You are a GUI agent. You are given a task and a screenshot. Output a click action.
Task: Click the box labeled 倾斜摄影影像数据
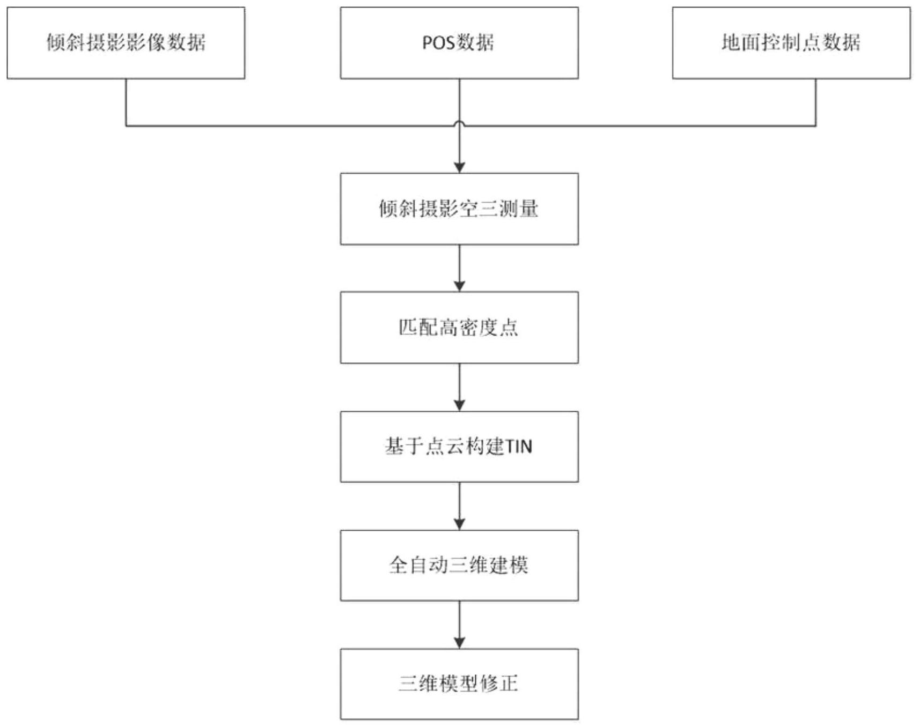(x=126, y=43)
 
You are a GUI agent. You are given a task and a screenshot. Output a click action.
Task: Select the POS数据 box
(x=459, y=43)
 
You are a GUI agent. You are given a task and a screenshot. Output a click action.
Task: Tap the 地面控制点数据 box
(x=791, y=43)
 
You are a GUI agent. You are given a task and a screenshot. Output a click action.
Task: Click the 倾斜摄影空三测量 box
(x=459, y=209)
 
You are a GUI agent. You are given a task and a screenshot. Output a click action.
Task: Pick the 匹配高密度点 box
(x=459, y=327)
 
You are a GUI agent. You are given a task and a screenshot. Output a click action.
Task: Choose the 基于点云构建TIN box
(x=459, y=446)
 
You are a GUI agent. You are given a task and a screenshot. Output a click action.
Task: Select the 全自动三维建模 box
(x=459, y=565)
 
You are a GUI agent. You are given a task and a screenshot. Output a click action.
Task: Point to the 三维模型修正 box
(x=459, y=684)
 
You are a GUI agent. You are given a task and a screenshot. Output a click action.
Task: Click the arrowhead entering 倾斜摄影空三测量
(x=459, y=167)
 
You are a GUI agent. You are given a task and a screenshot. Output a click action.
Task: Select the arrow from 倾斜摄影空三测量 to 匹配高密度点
(x=459, y=268)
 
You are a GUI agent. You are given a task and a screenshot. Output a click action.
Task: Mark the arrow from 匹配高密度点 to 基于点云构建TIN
(x=459, y=387)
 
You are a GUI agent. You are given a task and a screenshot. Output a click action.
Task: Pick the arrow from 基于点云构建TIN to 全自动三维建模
(x=459, y=506)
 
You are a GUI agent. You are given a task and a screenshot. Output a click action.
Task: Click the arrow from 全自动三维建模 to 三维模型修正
(x=459, y=625)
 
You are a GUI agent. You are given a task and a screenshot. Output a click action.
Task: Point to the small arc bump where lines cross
(x=459, y=123)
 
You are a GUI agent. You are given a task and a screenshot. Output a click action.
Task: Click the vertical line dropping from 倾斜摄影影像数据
(x=126, y=102)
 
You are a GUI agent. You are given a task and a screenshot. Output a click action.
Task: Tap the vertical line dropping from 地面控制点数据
(x=815, y=102)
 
